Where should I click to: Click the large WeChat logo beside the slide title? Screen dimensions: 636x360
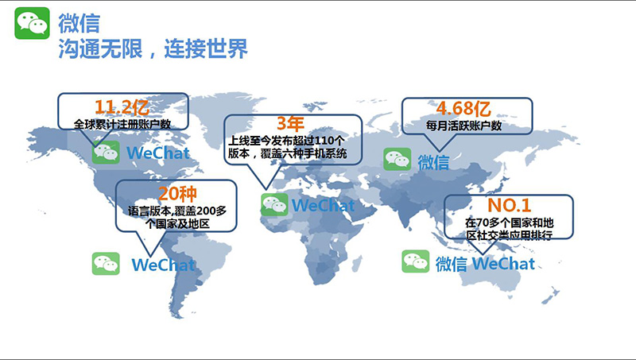(x=32, y=23)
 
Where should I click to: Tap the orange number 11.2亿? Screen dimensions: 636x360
(x=122, y=107)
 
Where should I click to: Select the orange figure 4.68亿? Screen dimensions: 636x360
(x=463, y=108)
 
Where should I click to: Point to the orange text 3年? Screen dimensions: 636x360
(x=290, y=124)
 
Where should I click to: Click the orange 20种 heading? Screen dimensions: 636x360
(x=177, y=194)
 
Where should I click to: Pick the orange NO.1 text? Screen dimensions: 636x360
(x=509, y=206)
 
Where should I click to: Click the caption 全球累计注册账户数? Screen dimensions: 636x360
(x=122, y=124)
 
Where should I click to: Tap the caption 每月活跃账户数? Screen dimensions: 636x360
(x=463, y=126)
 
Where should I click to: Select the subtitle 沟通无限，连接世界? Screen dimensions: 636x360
(x=153, y=49)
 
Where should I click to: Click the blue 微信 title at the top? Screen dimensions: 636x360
(x=79, y=23)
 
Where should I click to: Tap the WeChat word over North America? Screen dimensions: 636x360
(x=158, y=153)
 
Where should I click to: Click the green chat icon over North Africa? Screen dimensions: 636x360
(x=274, y=205)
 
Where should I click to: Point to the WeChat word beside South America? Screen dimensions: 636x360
(x=164, y=265)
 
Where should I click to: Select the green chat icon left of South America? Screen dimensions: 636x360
(x=106, y=264)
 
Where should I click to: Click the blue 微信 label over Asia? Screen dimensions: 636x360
(x=433, y=162)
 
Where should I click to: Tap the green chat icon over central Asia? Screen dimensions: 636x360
(x=397, y=159)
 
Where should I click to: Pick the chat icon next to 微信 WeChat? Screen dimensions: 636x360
(x=415, y=261)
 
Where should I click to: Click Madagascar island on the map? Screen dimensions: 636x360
(x=357, y=264)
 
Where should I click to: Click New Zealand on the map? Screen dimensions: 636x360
(x=550, y=296)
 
